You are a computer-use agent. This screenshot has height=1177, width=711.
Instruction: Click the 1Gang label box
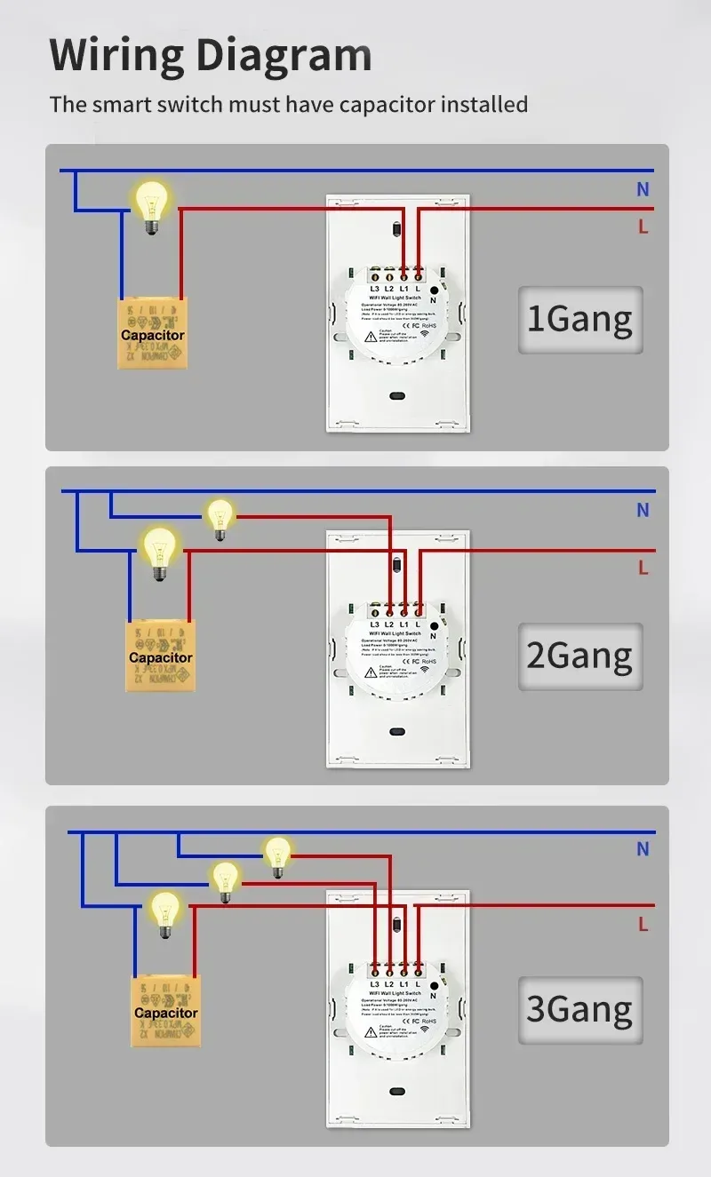pyautogui.click(x=579, y=319)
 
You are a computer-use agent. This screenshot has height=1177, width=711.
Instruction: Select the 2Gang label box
pyautogui.click(x=579, y=656)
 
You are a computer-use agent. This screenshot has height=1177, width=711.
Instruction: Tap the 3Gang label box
pyautogui.click(x=579, y=1010)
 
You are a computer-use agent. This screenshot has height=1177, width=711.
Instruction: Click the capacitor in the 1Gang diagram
pyautogui.click(x=153, y=334)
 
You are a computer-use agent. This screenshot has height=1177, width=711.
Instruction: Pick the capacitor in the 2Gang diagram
pyautogui.click(x=161, y=656)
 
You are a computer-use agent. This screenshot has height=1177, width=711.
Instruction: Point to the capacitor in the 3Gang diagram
pyautogui.click(x=166, y=1012)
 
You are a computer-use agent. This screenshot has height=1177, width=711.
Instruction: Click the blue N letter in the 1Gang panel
pyautogui.click(x=643, y=189)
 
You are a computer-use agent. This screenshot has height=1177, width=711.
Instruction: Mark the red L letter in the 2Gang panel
pyautogui.click(x=643, y=567)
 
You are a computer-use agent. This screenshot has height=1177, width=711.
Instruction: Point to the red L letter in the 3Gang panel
pyautogui.click(x=643, y=925)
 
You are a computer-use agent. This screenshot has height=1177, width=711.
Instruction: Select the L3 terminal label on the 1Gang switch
pyautogui.click(x=374, y=289)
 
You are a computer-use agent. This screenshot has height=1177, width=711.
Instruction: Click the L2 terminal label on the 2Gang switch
pyautogui.click(x=389, y=624)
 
